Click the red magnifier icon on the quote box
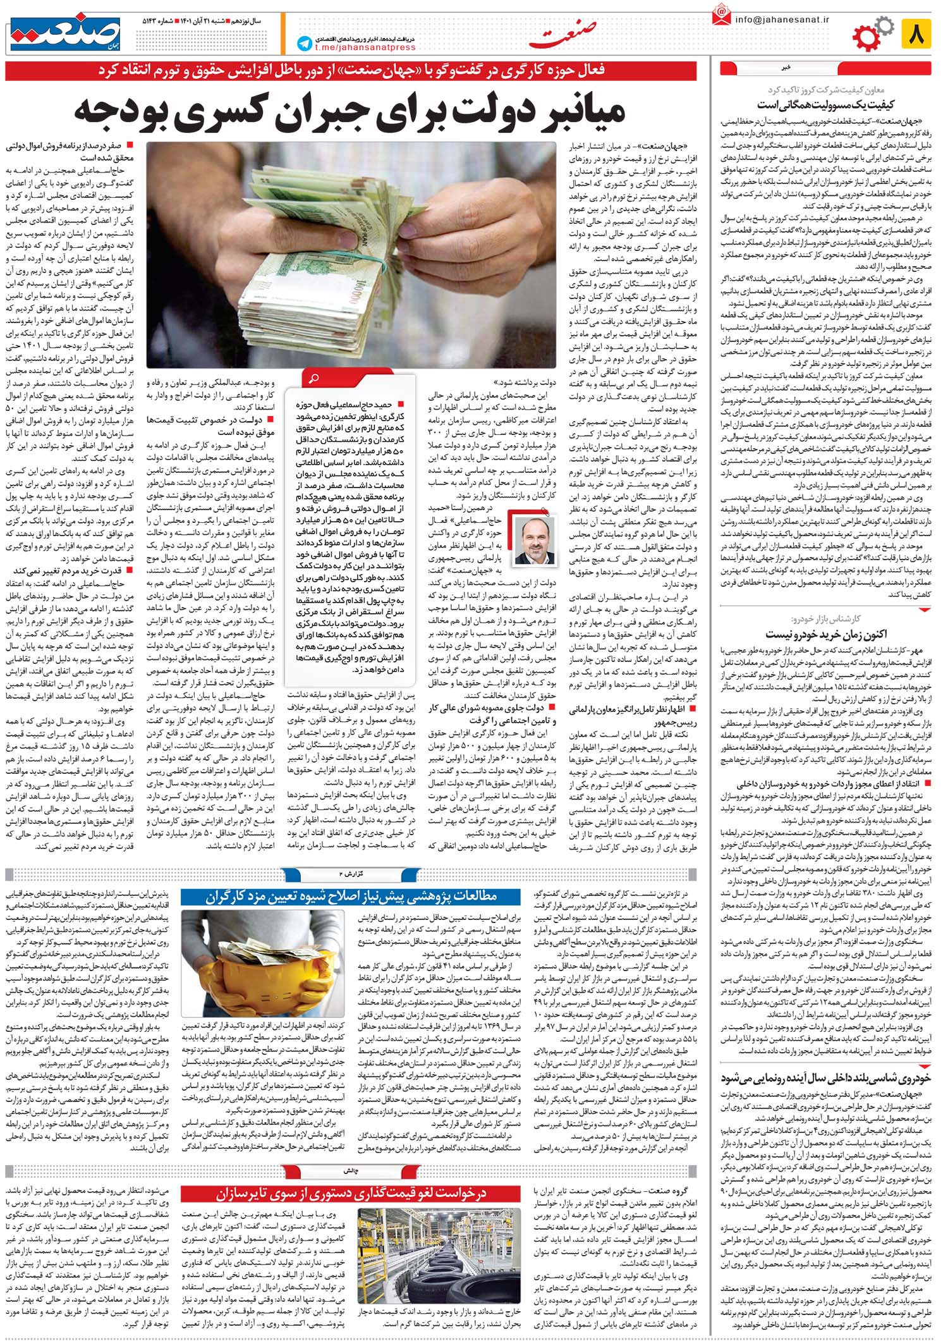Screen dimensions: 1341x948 pyautogui.click(x=312, y=379)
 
